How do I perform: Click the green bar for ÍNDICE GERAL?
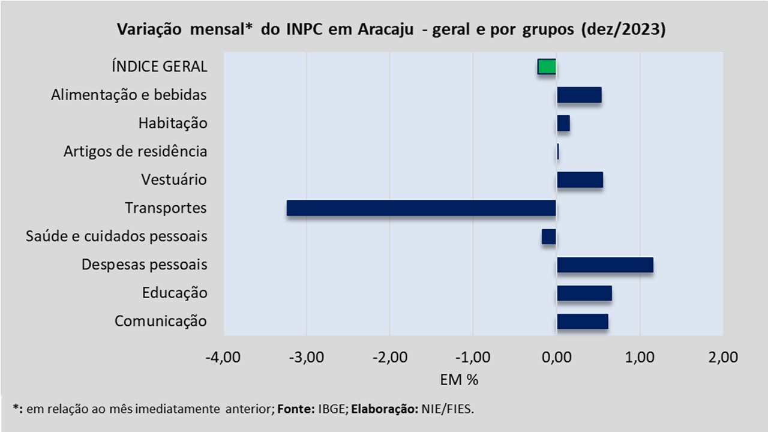[x=547, y=67]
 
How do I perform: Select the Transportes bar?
[x=421, y=208]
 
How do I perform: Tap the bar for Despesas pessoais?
[x=605, y=265]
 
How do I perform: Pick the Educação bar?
[x=584, y=293]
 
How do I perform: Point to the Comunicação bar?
[x=583, y=322]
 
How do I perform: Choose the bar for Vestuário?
[x=580, y=180]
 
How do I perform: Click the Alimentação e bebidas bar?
[x=579, y=95]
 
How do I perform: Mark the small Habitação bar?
[x=563, y=123]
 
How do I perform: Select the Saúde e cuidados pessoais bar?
[x=549, y=236]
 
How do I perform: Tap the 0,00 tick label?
[x=556, y=358]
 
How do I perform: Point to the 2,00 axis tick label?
[x=722, y=358]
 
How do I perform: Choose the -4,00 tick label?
[x=223, y=358]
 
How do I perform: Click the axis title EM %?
[x=459, y=380]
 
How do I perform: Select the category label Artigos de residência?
[x=136, y=151]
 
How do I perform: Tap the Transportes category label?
[x=166, y=208]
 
